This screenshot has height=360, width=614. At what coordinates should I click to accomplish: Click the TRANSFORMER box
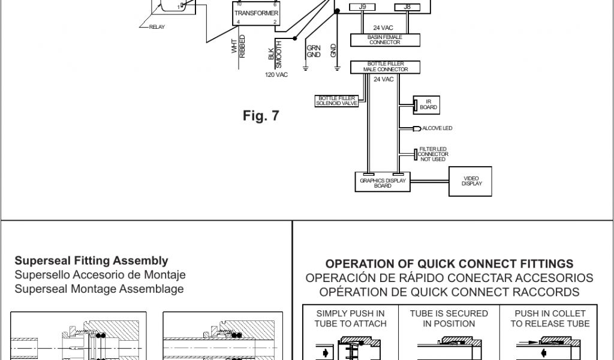click(x=257, y=13)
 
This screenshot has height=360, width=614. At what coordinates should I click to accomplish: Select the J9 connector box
click(x=363, y=7)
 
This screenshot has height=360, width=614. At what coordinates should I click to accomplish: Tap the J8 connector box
click(x=408, y=7)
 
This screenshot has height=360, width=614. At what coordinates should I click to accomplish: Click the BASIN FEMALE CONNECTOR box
click(x=385, y=40)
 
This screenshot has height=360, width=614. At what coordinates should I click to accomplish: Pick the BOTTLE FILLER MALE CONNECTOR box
click(x=385, y=67)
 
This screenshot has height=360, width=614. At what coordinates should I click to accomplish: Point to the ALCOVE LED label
click(x=437, y=128)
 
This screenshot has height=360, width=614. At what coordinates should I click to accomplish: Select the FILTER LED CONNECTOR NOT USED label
click(x=433, y=154)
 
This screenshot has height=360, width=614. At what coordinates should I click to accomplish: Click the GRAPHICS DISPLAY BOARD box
click(x=383, y=182)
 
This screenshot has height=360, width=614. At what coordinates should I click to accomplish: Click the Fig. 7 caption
click(x=261, y=116)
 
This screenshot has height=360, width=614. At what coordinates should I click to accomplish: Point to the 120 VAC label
click(x=277, y=75)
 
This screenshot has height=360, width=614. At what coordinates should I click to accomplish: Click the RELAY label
click(x=157, y=27)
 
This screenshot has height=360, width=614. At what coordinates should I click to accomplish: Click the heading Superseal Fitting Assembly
click(x=91, y=261)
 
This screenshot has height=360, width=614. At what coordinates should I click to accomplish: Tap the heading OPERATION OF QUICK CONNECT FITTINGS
click(x=449, y=264)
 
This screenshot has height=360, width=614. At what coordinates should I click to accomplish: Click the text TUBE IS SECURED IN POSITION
click(x=449, y=319)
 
